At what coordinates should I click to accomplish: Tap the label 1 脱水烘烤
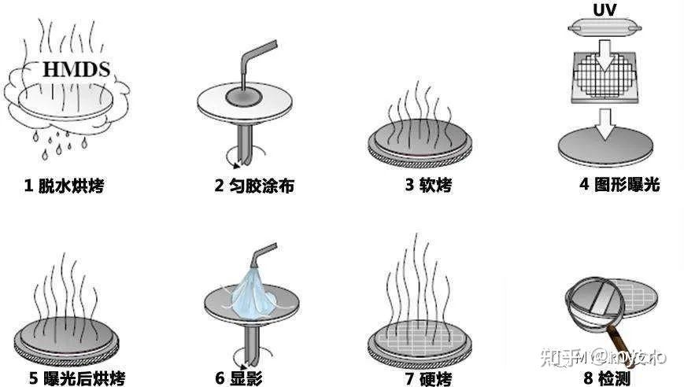64,186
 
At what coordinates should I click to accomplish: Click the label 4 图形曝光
619,185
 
